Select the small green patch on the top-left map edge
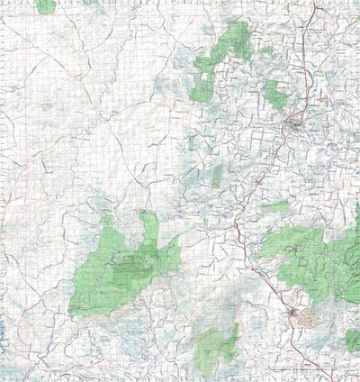coord(45,5)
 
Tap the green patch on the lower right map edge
coord(352,339)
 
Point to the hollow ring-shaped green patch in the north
coord(202,83)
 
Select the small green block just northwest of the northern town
coord(272,92)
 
